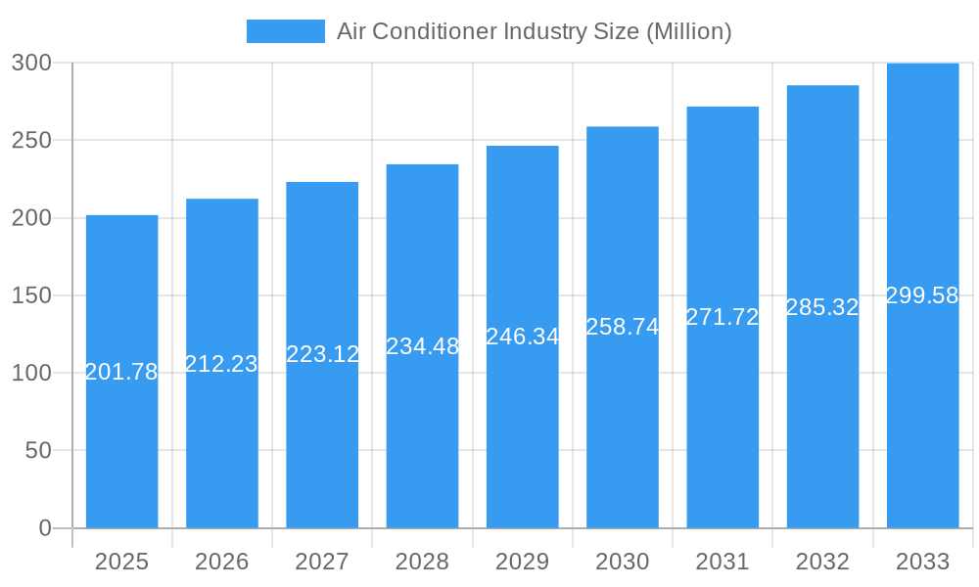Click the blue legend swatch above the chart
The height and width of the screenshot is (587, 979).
click(285, 31)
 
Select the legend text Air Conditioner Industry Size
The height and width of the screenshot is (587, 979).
click(534, 31)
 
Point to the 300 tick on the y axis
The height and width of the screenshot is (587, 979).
click(31, 63)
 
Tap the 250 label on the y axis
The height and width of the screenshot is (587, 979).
click(31, 140)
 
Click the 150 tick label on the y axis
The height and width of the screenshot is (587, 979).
click(31, 295)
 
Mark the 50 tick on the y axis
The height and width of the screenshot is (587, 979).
click(38, 451)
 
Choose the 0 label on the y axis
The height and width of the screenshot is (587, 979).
click(45, 528)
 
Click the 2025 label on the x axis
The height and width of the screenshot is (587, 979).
click(121, 562)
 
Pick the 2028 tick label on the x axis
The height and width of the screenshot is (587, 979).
click(422, 562)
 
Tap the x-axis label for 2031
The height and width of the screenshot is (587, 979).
click(723, 562)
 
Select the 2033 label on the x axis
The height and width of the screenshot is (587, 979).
click(922, 562)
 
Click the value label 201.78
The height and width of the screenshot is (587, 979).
click(121, 372)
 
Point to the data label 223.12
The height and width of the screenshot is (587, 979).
click(322, 354)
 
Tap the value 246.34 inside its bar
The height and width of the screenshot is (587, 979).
click(523, 337)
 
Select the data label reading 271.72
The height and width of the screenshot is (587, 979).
click(723, 317)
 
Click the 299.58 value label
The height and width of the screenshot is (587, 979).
click(922, 295)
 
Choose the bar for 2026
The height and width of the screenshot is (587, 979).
click(222, 440)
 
